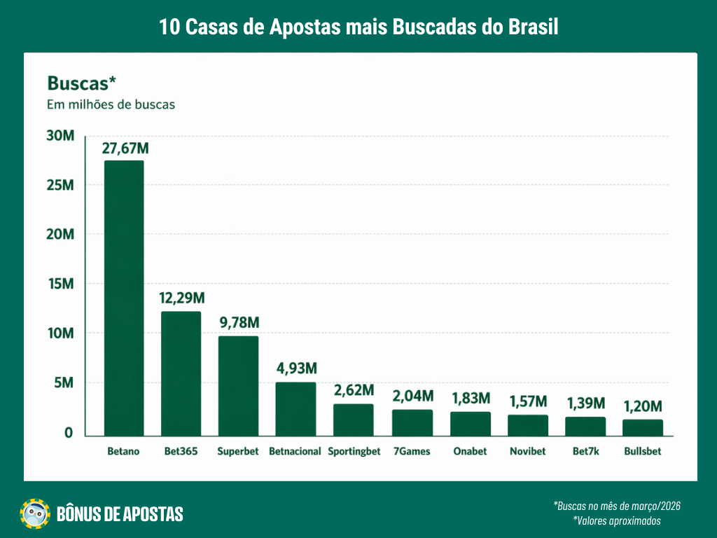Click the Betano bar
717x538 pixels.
click(x=124, y=298)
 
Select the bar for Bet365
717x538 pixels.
click(x=181, y=373)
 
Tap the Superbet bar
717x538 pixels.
click(x=238, y=385)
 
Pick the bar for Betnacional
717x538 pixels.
click(x=295, y=408)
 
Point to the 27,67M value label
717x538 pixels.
click(x=124, y=149)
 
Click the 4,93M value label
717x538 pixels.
click(x=295, y=368)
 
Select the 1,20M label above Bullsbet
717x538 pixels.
click(x=643, y=406)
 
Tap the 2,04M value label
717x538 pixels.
click(x=412, y=396)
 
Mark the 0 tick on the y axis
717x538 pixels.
click(x=69, y=433)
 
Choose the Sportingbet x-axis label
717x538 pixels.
click(x=354, y=451)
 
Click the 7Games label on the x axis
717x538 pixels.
click(x=412, y=451)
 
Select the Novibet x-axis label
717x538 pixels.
click(x=528, y=451)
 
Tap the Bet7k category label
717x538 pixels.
click(x=585, y=451)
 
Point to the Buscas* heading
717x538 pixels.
click(x=81, y=83)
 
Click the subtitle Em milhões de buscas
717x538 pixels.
click(x=111, y=105)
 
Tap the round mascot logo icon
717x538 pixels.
click(x=35, y=514)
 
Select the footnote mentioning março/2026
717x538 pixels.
click(x=617, y=506)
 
